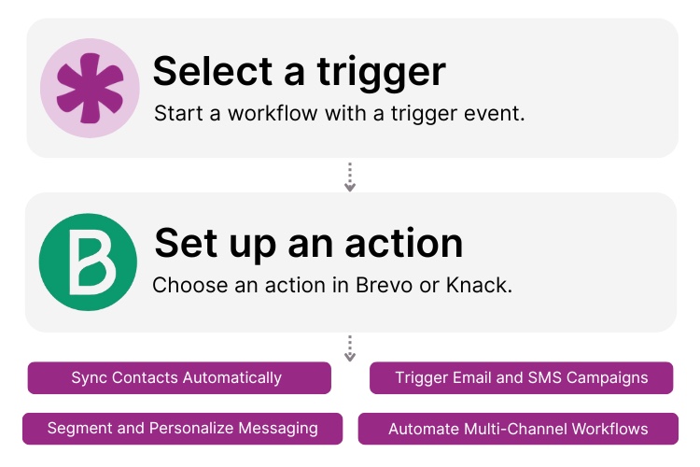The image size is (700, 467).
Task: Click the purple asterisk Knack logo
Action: click(x=89, y=88)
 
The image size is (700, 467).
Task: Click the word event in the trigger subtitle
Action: click(x=499, y=114)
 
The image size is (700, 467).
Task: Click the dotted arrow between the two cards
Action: click(x=350, y=177)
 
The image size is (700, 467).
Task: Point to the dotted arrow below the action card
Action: click(x=350, y=348)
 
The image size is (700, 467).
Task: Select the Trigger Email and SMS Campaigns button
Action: click(x=521, y=378)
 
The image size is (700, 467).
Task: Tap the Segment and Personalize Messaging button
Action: click(x=182, y=429)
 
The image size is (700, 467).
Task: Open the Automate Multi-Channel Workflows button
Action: click(x=518, y=430)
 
